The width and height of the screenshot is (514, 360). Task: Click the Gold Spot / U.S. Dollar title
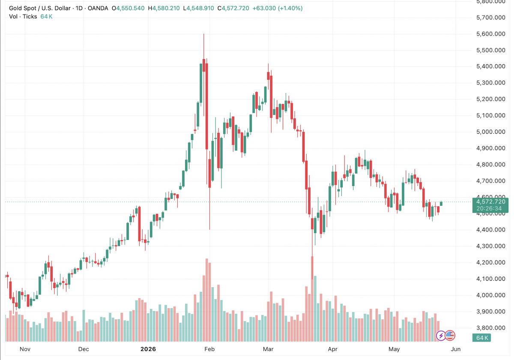40,8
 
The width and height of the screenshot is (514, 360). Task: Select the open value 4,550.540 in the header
130,8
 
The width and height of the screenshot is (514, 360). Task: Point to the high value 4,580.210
166,8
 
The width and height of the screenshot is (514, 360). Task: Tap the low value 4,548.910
200,8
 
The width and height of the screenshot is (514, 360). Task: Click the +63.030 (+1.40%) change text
278,8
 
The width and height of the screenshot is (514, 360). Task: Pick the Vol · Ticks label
23,17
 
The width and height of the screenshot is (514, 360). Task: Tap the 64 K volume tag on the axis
481,338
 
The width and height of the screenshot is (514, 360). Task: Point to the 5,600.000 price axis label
491,34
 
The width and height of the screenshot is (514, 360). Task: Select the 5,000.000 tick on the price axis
491,132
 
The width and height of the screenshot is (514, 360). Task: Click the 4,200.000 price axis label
491,262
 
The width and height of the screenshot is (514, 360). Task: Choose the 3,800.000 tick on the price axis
491,328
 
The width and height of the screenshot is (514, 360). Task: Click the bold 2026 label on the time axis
148,349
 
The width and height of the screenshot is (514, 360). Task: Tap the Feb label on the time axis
209,349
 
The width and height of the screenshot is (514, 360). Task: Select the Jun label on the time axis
455,349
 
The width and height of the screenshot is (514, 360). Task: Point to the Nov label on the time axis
25,349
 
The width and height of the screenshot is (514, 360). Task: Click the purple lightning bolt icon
441,336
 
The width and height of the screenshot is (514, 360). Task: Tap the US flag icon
450,336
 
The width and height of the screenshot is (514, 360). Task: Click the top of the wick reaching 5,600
204,34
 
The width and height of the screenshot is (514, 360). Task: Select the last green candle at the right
441,204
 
